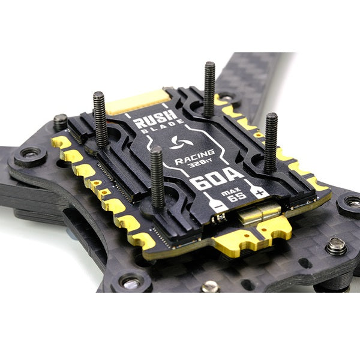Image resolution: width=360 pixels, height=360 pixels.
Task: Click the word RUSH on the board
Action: [155, 119]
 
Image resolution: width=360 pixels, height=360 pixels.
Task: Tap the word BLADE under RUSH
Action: [163, 127]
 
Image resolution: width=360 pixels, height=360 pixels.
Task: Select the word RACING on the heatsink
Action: [194, 157]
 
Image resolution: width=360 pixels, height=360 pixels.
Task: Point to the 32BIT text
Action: [200, 163]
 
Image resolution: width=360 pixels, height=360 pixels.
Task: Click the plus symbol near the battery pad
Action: [260, 193]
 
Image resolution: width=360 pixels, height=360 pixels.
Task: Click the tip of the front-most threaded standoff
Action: [157, 149]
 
